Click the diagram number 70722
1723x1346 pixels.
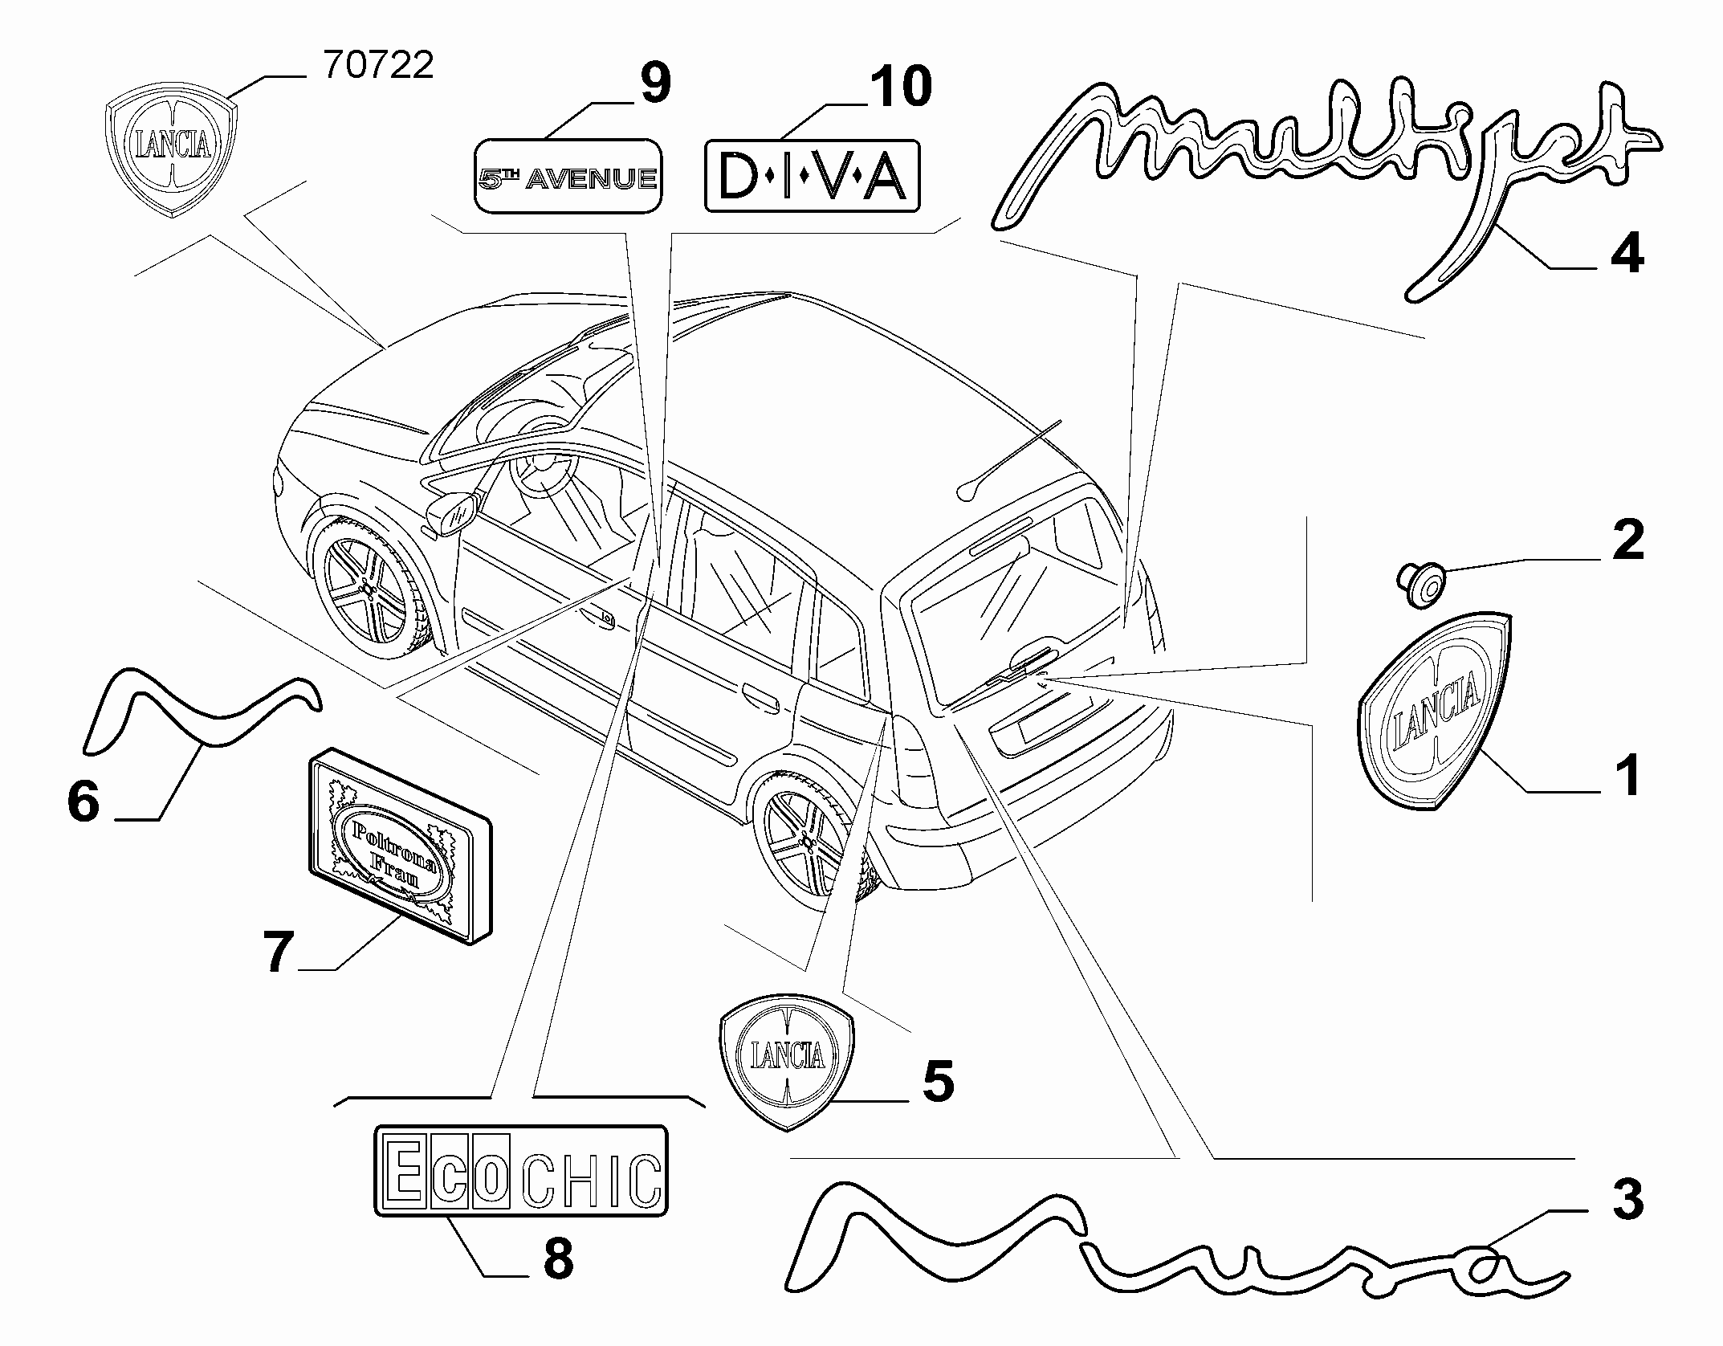click(378, 65)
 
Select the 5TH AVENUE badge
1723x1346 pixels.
click(568, 176)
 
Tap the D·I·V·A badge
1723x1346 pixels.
click(812, 177)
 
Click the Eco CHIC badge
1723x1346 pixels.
click(521, 1170)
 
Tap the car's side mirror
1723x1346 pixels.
click(452, 513)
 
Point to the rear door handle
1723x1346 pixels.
click(760, 695)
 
